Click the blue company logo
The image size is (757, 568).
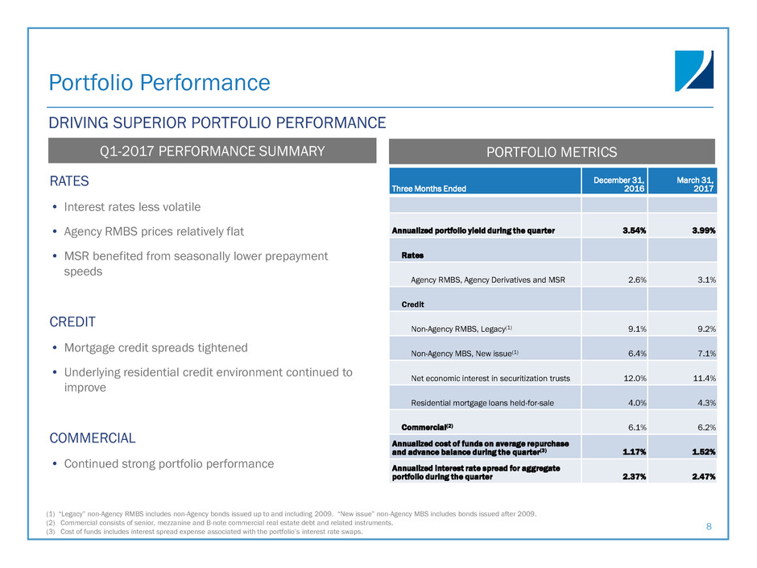[693, 71]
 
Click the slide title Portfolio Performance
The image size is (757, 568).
[159, 82]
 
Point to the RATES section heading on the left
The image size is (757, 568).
[69, 181]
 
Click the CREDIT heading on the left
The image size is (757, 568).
[72, 321]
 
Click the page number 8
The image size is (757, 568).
[709, 526]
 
